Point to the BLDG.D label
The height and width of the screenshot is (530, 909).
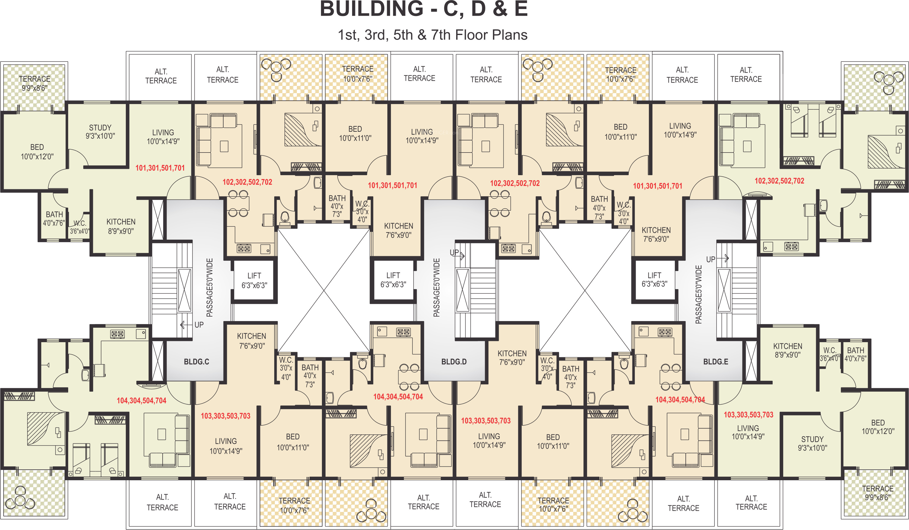click(x=454, y=362)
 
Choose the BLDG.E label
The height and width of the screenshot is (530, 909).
click(x=716, y=362)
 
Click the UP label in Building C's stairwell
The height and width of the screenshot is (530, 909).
click(x=199, y=325)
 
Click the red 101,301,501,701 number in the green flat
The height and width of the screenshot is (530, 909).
click(x=160, y=168)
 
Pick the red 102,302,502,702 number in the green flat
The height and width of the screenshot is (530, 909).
click(x=779, y=181)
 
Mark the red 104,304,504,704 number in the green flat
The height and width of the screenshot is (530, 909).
click(x=141, y=401)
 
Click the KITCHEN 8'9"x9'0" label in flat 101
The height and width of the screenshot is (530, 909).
click(x=121, y=226)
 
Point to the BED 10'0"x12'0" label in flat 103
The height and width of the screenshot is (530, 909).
click(x=878, y=427)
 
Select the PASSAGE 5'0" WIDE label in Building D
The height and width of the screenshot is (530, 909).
click(x=437, y=288)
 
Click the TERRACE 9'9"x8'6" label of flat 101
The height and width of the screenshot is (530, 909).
click(x=35, y=83)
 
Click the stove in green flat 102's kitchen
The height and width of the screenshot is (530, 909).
click(x=792, y=247)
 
